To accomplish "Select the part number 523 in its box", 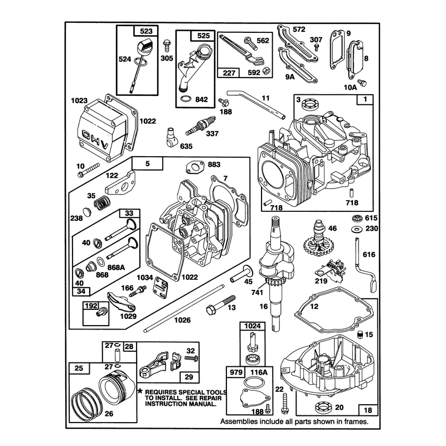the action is coord(146,31).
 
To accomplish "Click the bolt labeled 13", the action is coord(221,304).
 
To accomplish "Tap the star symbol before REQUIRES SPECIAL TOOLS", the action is coord(140,391).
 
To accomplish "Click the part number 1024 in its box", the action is coord(253,326).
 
